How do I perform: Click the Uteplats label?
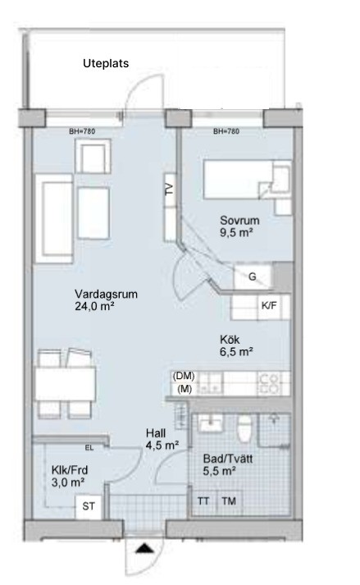(x=106, y=63)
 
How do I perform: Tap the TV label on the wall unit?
(x=170, y=190)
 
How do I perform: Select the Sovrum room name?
(x=239, y=220)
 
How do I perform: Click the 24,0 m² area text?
(x=94, y=306)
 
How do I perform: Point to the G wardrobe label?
(x=253, y=277)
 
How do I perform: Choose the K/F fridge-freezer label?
(x=269, y=305)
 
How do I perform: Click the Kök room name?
(x=230, y=340)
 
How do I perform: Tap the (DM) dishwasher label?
(x=184, y=376)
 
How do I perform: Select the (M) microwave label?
(x=185, y=389)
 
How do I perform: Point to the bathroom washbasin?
(x=211, y=423)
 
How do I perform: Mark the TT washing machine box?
(x=203, y=501)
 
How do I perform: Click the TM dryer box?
(x=229, y=501)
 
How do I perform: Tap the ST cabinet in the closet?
(x=89, y=507)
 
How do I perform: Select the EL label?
(x=89, y=448)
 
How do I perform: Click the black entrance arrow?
(x=144, y=548)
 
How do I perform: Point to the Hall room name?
(x=156, y=433)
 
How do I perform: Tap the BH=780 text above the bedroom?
(x=226, y=131)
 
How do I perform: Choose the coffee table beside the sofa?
(x=93, y=213)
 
